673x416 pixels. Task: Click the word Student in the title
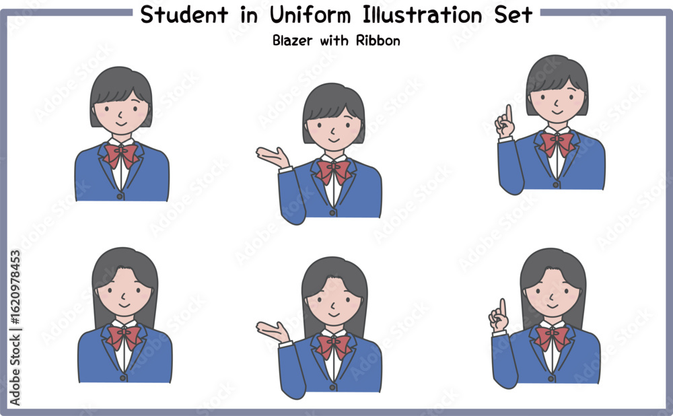pyautogui.click(x=184, y=15)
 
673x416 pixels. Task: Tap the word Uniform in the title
pyautogui.click(x=310, y=15)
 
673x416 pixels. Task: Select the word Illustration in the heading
pyautogui.click(x=423, y=15)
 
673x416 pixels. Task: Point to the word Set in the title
pyautogui.click(x=513, y=15)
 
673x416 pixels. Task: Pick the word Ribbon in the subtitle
pyautogui.click(x=378, y=40)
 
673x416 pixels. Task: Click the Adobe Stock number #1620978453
pyautogui.click(x=15, y=287)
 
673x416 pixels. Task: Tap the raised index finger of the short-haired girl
pyautogui.click(x=509, y=113)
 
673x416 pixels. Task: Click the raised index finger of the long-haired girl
pyautogui.click(x=503, y=308)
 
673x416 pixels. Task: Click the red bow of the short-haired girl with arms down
pyautogui.click(x=121, y=155)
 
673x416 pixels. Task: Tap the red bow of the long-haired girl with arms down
pyautogui.click(x=124, y=336)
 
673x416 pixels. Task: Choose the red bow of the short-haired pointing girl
pyautogui.click(x=557, y=143)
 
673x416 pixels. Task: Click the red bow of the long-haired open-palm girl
pyautogui.click(x=334, y=345)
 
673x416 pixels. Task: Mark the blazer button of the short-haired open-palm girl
pyautogui.click(x=332, y=213)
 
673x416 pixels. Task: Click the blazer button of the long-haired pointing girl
pyautogui.click(x=551, y=379)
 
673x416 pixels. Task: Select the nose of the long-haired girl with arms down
pyautogui.click(x=124, y=296)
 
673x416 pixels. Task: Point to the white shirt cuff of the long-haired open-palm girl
pyautogui.click(x=285, y=343)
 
